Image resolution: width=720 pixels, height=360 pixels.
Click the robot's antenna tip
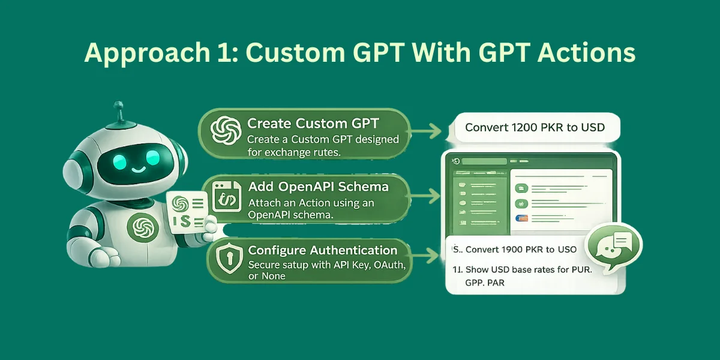118,106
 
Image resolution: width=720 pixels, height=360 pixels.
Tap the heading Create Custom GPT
313,124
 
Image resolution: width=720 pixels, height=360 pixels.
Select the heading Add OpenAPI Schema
318,187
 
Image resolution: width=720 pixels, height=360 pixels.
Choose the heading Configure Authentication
323,250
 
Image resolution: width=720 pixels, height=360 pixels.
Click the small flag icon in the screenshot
521,219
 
